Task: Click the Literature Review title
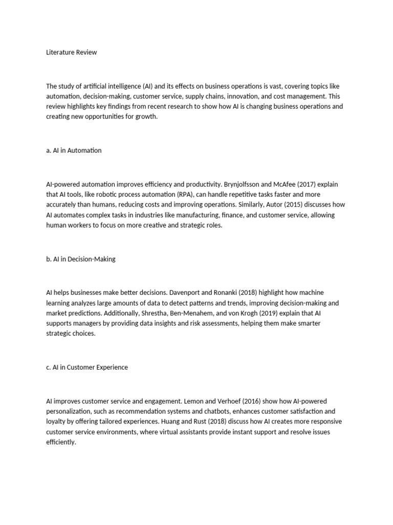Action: [71, 52]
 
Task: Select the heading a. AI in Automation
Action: [74, 150]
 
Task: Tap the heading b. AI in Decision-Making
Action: [81, 259]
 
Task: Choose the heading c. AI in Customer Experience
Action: [87, 367]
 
